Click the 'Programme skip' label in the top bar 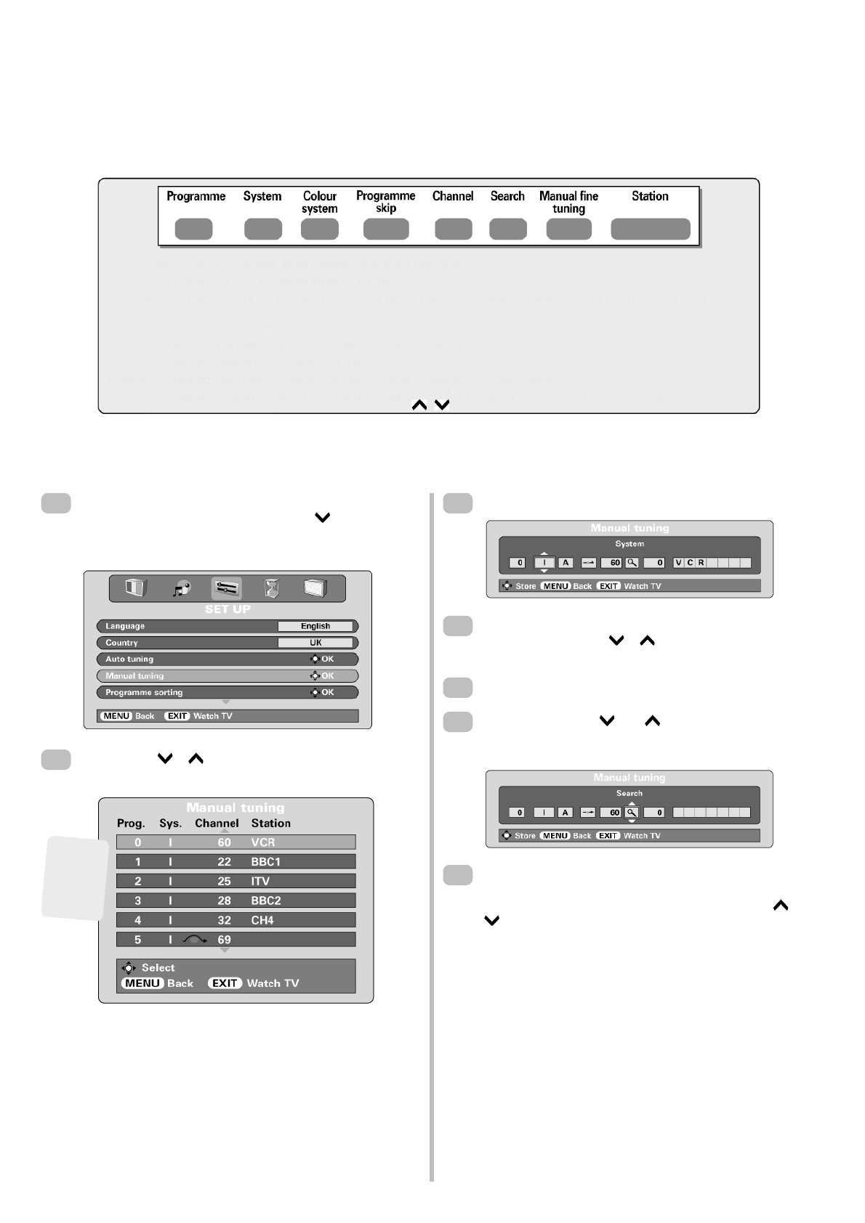coord(385,202)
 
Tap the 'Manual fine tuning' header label coord(568,202)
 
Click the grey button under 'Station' coord(650,229)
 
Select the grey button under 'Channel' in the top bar coord(453,229)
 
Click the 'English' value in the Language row coord(315,626)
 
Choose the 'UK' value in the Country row coord(315,643)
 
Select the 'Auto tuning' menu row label coord(129,659)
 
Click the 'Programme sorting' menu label coord(144,693)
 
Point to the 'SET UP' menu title coord(228,609)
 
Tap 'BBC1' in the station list coord(266,862)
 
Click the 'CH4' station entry coord(262,920)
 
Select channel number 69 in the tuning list coord(224,940)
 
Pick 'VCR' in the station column coord(263,842)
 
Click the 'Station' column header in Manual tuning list coord(270,824)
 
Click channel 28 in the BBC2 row coord(224,901)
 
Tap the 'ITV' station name coord(260,882)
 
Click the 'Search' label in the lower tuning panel coord(629,794)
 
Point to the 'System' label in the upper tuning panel coord(629,544)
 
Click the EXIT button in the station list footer coord(225,983)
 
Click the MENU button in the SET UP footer coord(116,716)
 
